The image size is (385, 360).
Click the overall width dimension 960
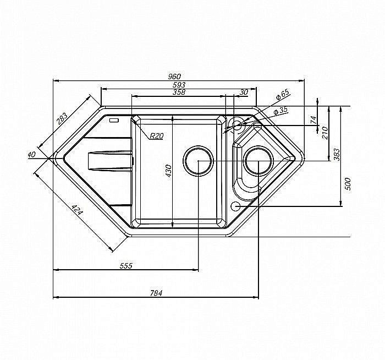tap(174, 77)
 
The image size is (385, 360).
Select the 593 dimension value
tap(179, 85)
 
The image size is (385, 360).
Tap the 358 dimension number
tap(179, 92)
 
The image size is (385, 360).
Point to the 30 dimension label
tap(244, 92)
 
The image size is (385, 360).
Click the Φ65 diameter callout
tap(283, 95)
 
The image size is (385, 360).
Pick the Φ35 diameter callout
tap(280, 111)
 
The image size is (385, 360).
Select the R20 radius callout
tap(157, 135)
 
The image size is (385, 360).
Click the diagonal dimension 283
tap(62, 119)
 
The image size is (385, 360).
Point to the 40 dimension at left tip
tap(32, 155)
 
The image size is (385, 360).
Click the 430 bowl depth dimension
tap(168, 171)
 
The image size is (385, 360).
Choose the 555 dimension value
tap(126, 266)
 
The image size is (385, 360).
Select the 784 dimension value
tap(156, 293)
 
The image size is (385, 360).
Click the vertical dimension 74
tap(313, 120)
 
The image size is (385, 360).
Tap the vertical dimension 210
tap(325, 133)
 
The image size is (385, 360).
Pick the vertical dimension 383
tap(337, 155)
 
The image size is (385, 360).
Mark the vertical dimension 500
tap(348, 184)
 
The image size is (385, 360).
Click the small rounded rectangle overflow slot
tap(114, 121)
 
